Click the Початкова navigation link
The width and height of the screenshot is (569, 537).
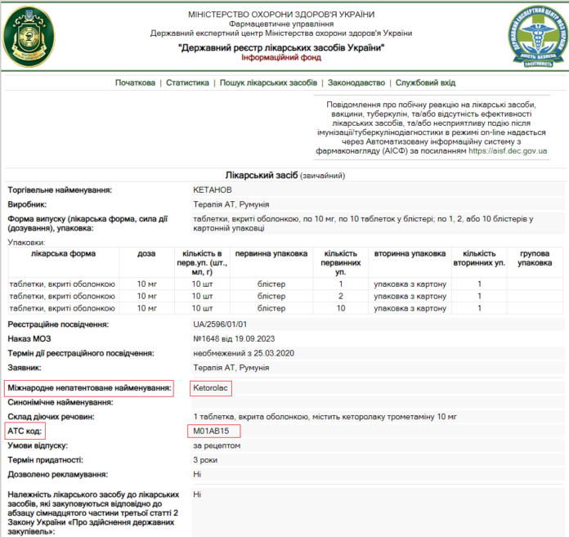135,83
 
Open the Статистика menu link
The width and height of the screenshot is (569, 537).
188,83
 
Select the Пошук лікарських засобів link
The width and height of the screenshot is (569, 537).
268,83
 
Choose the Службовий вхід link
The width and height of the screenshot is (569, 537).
425,83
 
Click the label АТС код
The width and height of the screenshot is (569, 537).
25,430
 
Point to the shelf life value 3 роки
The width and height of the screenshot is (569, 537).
205,459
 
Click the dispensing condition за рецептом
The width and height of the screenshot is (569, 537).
217,445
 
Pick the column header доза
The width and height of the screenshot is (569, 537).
147,253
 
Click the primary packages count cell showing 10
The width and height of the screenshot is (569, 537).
341,307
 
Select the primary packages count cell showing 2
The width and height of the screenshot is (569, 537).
341,295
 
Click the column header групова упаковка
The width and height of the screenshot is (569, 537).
535,258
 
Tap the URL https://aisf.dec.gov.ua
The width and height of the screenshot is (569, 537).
508,151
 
